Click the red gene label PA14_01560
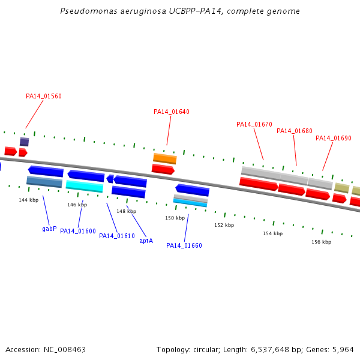coord(44,96)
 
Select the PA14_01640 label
coord(172,112)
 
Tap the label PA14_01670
coord(254,124)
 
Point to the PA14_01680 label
coord(295,131)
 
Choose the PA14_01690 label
coord(334,138)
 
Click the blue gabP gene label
coord(49,229)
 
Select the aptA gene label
coord(146,241)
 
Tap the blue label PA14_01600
coord(78,231)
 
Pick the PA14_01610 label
coord(117,236)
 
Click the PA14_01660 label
coord(184,245)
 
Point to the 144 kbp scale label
coord(28,200)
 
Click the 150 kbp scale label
coord(175,218)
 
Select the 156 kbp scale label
coord(321,242)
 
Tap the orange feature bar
coord(165,158)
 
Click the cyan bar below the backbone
coord(85,186)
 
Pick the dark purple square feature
coord(25,142)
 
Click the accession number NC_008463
coord(65,350)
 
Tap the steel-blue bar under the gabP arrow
coord(44,182)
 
